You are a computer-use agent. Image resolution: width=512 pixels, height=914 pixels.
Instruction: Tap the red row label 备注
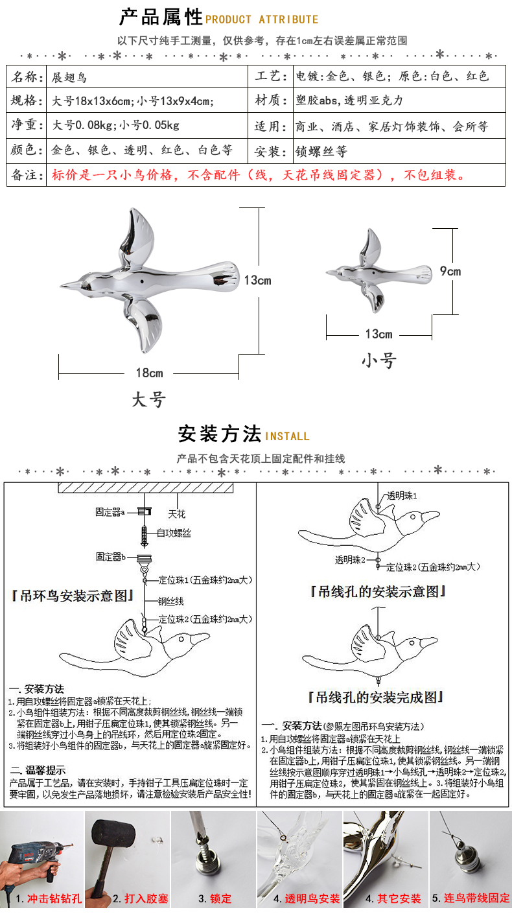(x=27, y=175)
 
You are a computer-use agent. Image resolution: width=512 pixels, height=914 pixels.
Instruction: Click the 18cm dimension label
(x=149, y=373)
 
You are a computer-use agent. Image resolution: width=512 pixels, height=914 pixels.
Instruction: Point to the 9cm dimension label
(x=450, y=271)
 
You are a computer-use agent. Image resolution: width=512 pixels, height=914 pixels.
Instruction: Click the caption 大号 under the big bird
(x=148, y=399)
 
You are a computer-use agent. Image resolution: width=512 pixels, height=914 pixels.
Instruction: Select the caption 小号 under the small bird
(x=378, y=360)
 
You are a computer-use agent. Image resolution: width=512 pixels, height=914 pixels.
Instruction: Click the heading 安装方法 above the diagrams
(x=219, y=432)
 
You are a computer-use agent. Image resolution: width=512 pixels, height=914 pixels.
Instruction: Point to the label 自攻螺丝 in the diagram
(x=174, y=533)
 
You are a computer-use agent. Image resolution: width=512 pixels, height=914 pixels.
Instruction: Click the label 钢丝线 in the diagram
(x=171, y=600)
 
